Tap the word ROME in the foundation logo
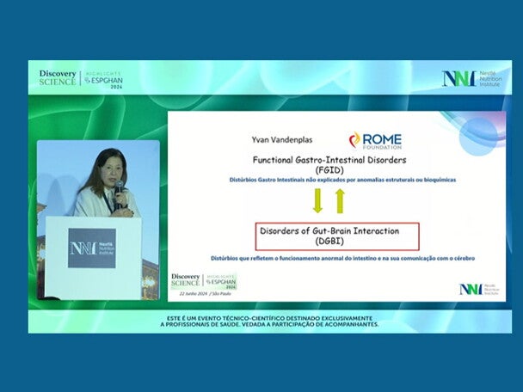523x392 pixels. (x=381, y=139)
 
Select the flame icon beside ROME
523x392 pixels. (x=354, y=139)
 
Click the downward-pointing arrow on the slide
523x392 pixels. (x=317, y=201)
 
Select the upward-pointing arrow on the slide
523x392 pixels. (x=340, y=201)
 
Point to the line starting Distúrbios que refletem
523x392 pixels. (x=342, y=258)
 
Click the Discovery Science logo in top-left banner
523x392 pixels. (x=58, y=77)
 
